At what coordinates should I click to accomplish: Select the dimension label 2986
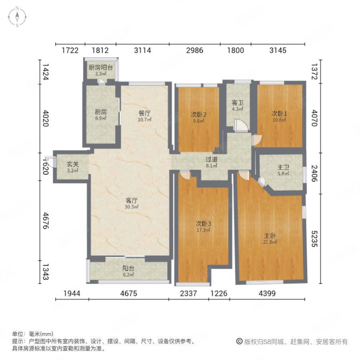pyautogui.click(x=194, y=50)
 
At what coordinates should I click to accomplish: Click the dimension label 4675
pyautogui.click(x=128, y=294)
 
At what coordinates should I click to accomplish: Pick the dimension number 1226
pyautogui.click(x=218, y=294)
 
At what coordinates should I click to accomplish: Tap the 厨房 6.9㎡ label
pyautogui.click(x=101, y=115)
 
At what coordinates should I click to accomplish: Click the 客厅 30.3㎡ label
pyautogui.click(x=132, y=204)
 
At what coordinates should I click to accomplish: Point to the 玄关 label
pyautogui.click(x=72, y=167)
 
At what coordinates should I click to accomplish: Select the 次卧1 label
pyautogui.click(x=279, y=116)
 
